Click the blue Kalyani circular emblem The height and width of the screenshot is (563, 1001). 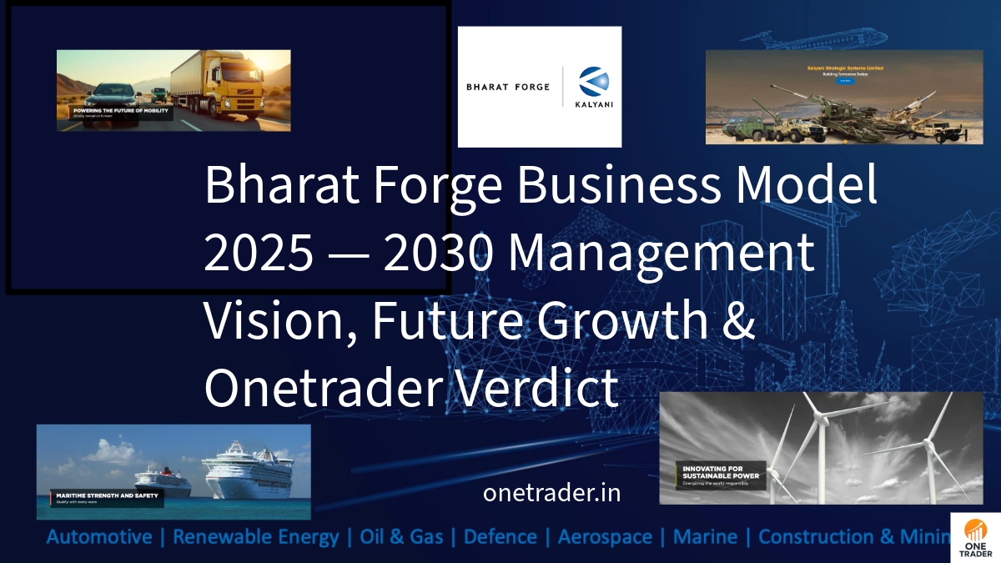[x=594, y=83]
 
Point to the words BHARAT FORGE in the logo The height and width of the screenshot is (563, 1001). [x=508, y=87]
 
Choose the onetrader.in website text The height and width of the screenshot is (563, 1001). [x=551, y=493]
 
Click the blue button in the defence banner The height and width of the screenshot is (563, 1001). [x=846, y=81]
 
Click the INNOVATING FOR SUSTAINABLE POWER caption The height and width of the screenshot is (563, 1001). [x=718, y=473]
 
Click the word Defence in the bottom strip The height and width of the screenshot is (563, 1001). [x=500, y=536]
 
